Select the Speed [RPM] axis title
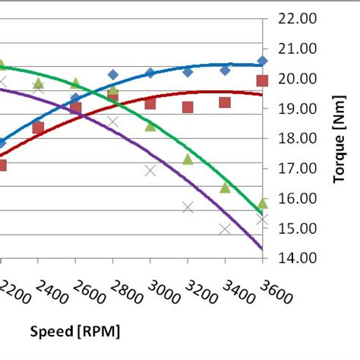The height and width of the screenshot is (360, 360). (75, 332)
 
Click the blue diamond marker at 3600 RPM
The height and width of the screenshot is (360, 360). (263, 61)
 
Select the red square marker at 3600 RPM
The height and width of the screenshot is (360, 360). (263, 81)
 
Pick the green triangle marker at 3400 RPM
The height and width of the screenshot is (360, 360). (226, 187)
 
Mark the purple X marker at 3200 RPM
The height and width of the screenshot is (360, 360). (188, 207)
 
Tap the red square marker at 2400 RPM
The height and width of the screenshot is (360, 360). (38, 128)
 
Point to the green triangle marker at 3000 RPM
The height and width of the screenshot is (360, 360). (150, 125)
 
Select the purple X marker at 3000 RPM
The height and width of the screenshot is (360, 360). (150, 171)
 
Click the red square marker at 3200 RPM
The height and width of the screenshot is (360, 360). (188, 107)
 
